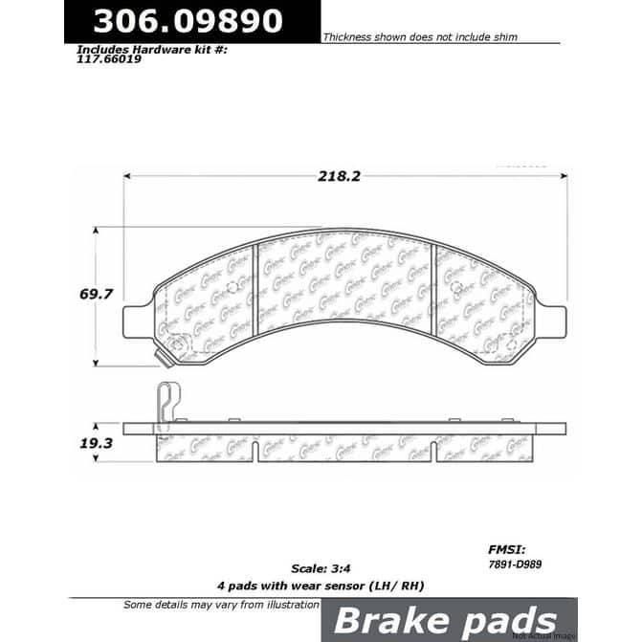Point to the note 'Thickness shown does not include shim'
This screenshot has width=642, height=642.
tap(420, 36)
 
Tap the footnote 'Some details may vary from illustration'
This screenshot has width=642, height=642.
tap(221, 605)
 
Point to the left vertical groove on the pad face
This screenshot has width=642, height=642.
tap(255, 291)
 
